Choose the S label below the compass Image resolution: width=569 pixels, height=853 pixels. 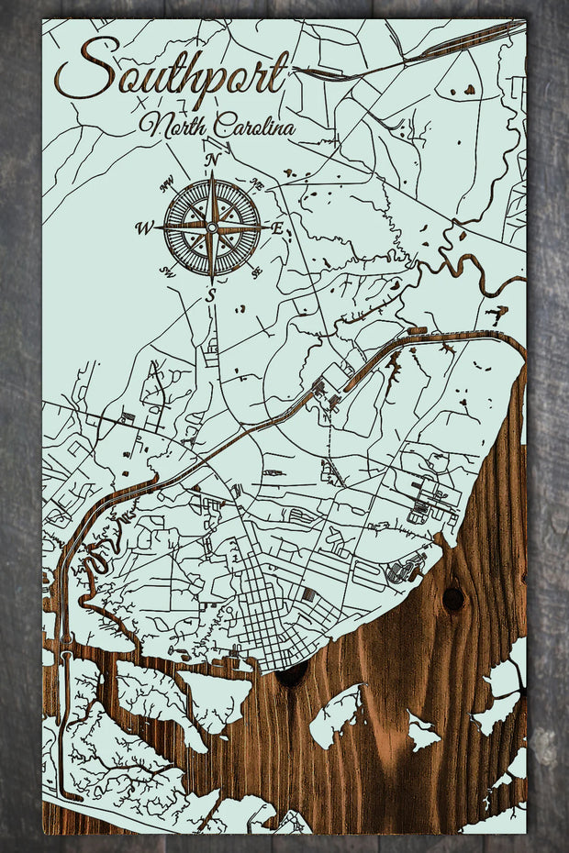tap(210, 294)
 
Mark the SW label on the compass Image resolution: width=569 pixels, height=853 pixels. tap(167, 271)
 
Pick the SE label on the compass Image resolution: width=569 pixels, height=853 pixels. tap(256, 270)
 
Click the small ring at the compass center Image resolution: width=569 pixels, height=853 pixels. tap(212, 227)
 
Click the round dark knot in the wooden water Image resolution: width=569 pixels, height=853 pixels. tap(452, 599)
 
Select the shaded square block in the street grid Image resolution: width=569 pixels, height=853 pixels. tap(308, 594)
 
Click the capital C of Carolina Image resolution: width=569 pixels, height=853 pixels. tap(221, 125)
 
